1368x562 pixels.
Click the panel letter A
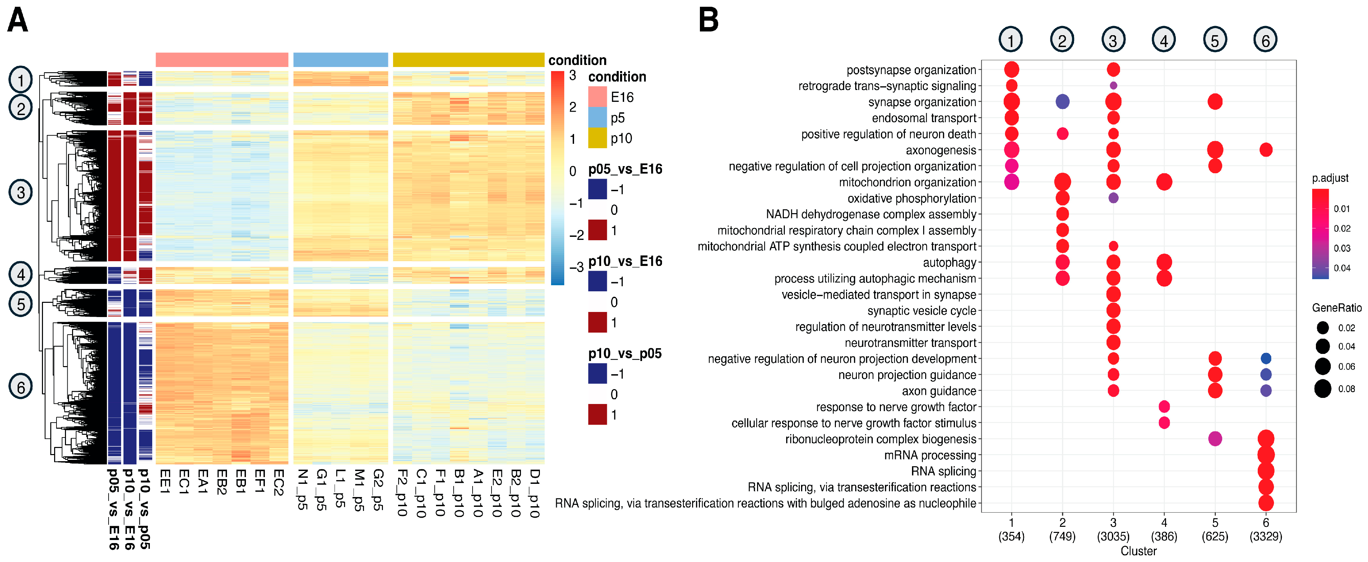(x=18, y=20)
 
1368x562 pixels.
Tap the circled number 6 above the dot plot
(x=1266, y=40)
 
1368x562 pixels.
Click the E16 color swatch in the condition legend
(x=597, y=97)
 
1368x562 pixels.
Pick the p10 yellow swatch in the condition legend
(x=597, y=138)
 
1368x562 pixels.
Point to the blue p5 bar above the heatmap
(x=340, y=60)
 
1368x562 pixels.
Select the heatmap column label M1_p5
(x=359, y=490)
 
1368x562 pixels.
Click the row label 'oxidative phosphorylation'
(x=912, y=199)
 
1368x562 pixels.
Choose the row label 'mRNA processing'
(x=930, y=455)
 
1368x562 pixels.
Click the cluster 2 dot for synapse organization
(x=1062, y=102)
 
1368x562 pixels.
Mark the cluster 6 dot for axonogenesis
(x=1266, y=150)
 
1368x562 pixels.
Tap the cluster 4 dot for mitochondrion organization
(x=1164, y=182)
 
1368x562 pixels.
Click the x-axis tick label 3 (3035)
(x=1113, y=530)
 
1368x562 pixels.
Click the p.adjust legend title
(x=1330, y=178)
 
